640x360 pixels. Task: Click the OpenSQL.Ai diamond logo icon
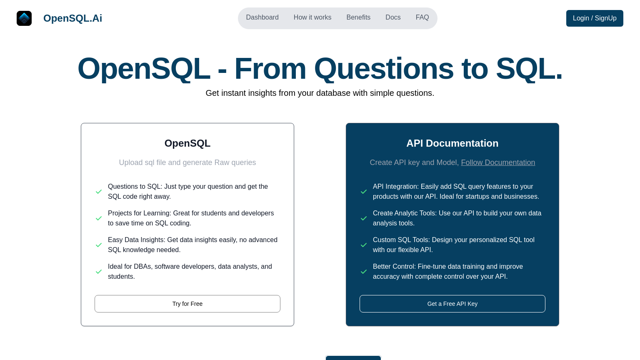24,18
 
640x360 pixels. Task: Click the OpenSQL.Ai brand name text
72,18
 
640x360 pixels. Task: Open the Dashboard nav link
262,17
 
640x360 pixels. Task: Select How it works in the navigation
312,17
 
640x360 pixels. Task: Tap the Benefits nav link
358,17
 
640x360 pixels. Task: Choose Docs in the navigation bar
393,17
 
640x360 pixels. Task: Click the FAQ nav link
422,17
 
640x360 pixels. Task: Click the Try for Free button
187,304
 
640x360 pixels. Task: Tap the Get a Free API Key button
452,304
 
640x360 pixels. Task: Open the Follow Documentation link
498,162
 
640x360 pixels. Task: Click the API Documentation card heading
452,143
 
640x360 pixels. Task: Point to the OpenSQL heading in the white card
187,143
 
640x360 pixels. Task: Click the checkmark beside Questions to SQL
99,192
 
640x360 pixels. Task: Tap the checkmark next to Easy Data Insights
99,245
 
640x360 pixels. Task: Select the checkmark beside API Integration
364,192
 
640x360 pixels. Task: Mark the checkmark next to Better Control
364,272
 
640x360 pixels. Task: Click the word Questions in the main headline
384,69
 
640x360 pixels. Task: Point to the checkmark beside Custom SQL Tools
364,245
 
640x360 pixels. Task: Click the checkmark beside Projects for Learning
99,218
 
